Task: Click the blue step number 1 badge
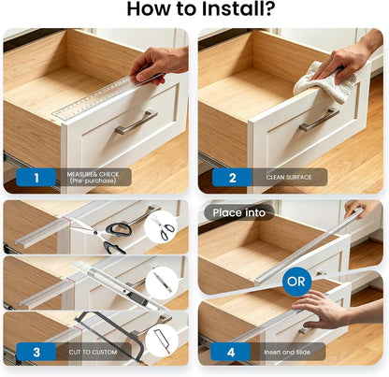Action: coord(36,178)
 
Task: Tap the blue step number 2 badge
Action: coord(232,178)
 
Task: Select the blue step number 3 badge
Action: coord(36,352)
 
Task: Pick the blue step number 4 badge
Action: coord(230,352)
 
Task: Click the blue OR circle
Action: coord(296,282)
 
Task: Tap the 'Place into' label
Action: coord(239,212)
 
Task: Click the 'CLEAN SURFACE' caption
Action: coord(289,177)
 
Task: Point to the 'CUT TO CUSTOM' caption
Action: coord(93,352)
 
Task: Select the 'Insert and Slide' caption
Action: coord(287,352)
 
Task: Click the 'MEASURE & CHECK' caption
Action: coord(93,174)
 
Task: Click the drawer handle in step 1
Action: coord(137,122)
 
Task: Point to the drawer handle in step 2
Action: coord(319,120)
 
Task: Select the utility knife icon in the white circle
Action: coord(162,282)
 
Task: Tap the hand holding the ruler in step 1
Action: coord(159,65)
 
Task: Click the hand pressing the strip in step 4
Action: coord(330,309)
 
